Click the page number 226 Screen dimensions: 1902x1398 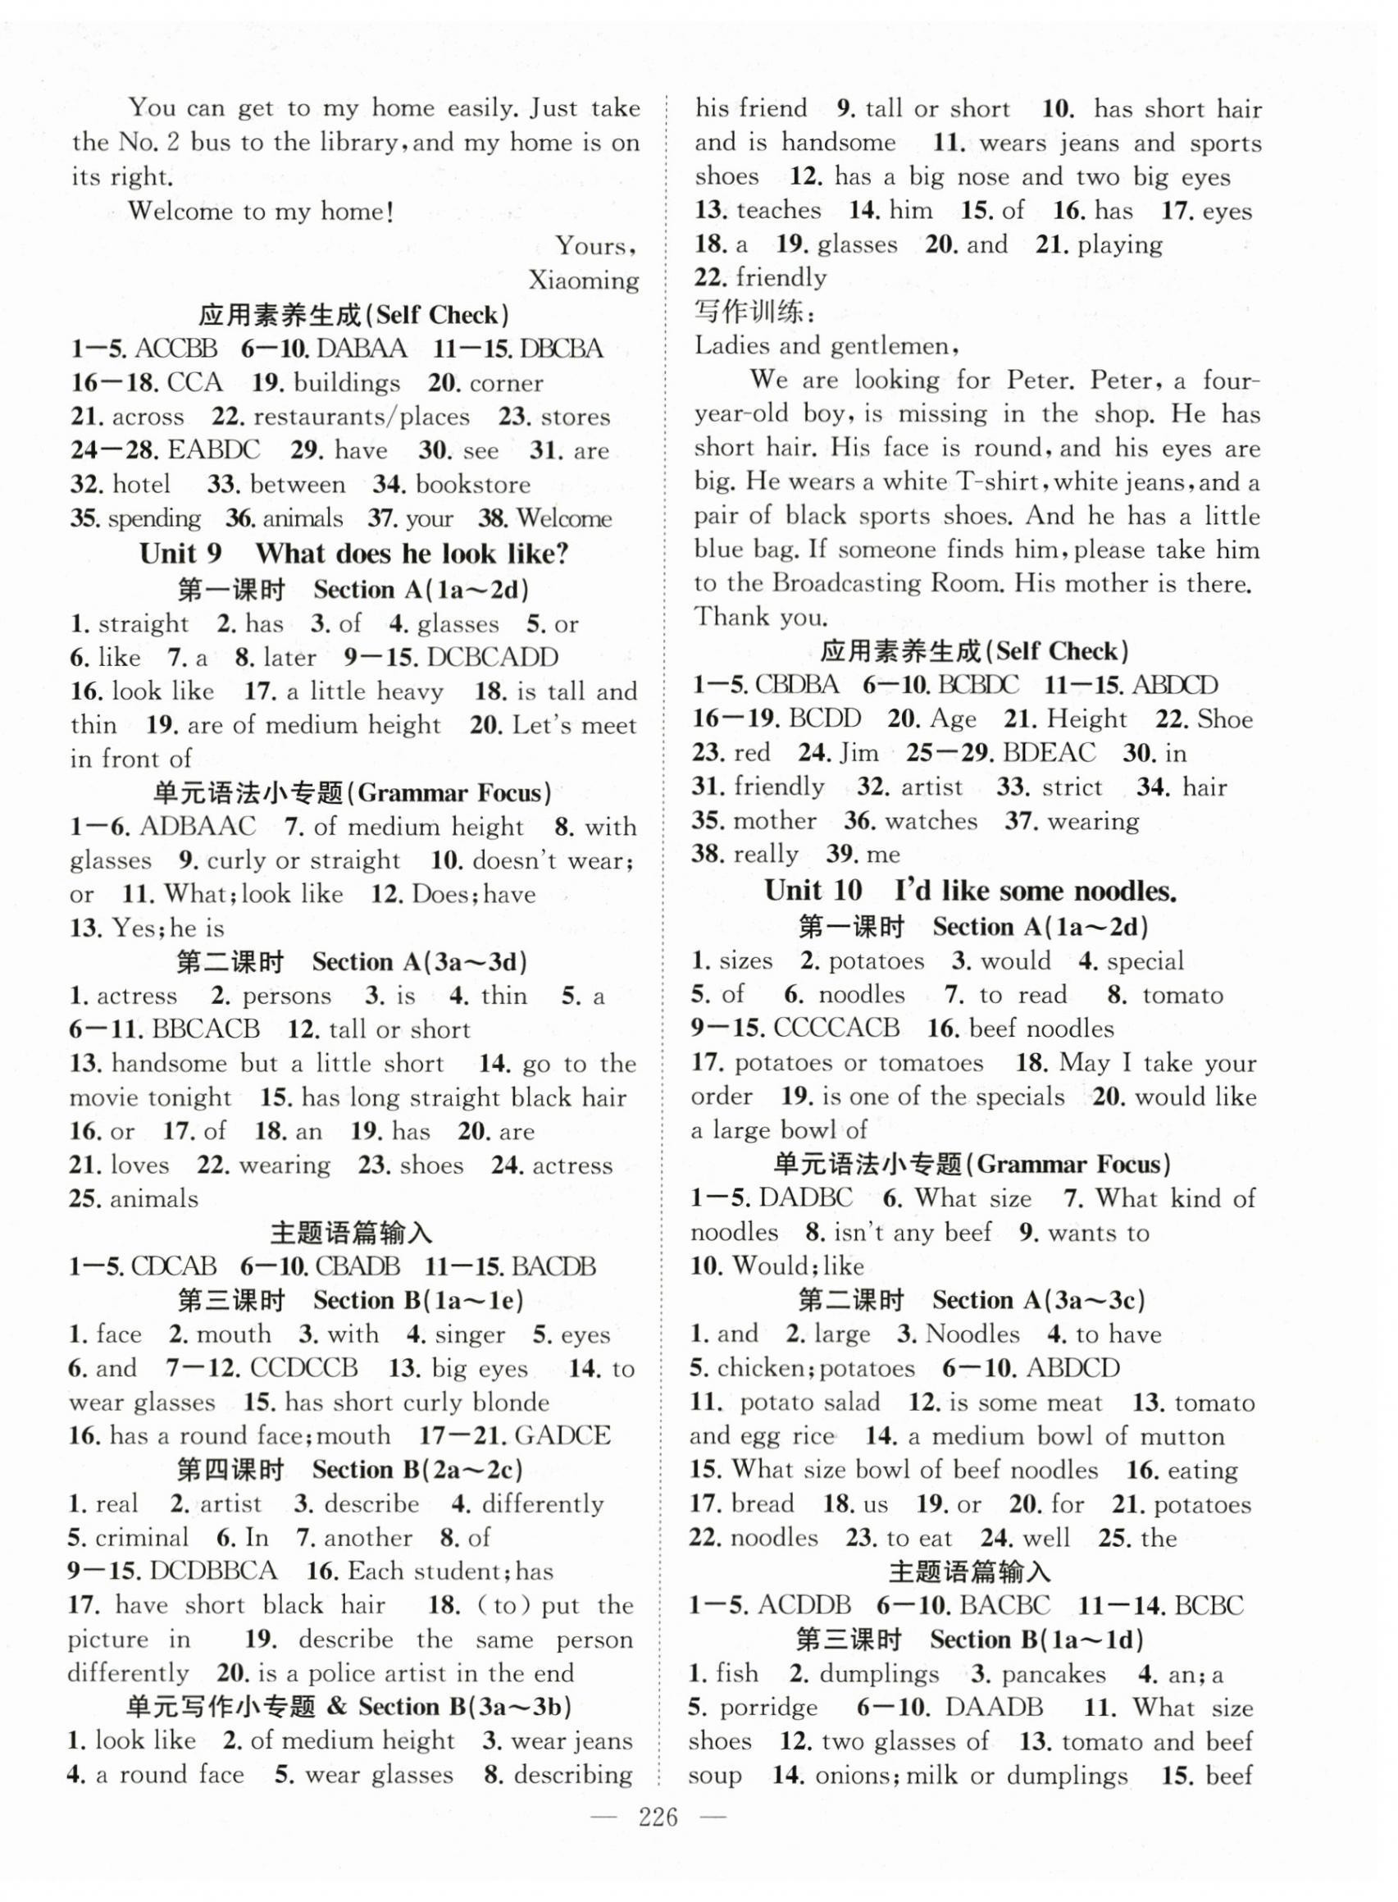click(660, 1816)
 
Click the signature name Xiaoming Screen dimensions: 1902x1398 click(583, 280)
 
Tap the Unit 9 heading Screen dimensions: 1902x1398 click(353, 554)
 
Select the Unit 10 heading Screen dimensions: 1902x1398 click(971, 890)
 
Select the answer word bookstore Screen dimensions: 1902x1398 click(473, 484)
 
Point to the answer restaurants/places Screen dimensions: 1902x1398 click(362, 417)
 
